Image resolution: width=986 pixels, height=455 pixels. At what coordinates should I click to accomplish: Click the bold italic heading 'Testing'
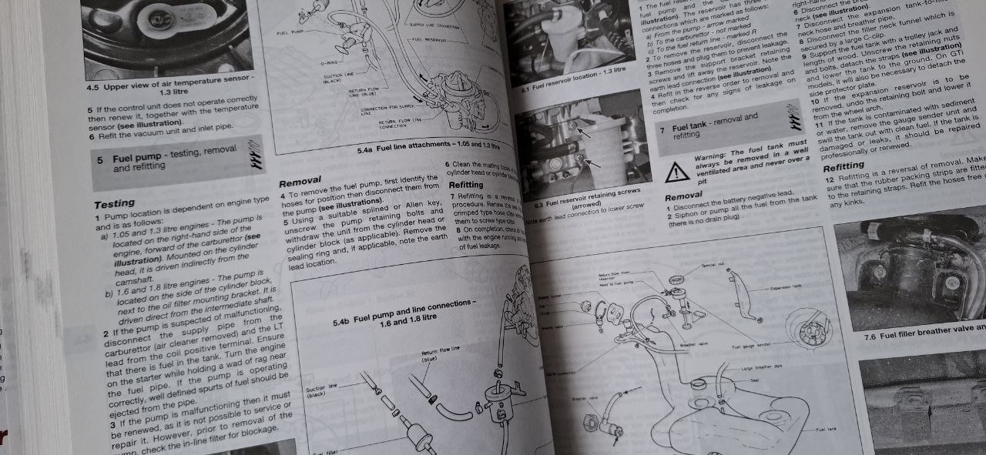click(114, 204)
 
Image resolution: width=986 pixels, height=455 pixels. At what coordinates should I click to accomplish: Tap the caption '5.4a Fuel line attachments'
click(428, 147)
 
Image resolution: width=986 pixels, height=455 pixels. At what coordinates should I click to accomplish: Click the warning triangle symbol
click(677, 171)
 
